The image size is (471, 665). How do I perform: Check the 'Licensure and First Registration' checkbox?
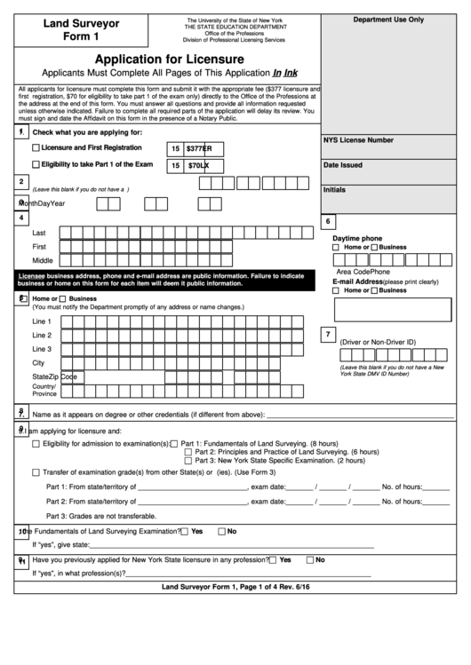click(x=36, y=147)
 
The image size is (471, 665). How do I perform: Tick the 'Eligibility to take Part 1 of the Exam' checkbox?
click(x=36, y=165)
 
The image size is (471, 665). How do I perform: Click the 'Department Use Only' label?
click(x=388, y=20)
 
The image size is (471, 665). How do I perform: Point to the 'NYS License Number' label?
click(x=358, y=140)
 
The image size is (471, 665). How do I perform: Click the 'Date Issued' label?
click(x=342, y=165)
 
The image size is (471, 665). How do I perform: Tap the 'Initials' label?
click(x=335, y=190)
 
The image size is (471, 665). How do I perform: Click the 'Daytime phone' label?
click(x=357, y=238)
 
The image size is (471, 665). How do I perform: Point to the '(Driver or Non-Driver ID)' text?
click(x=378, y=341)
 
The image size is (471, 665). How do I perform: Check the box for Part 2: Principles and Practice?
click(x=188, y=452)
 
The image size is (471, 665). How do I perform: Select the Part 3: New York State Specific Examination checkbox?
click(x=188, y=461)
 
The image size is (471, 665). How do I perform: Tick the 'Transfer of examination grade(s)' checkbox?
click(x=36, y=472)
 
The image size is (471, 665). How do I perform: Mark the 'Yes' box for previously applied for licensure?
click(x=274, y=560)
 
